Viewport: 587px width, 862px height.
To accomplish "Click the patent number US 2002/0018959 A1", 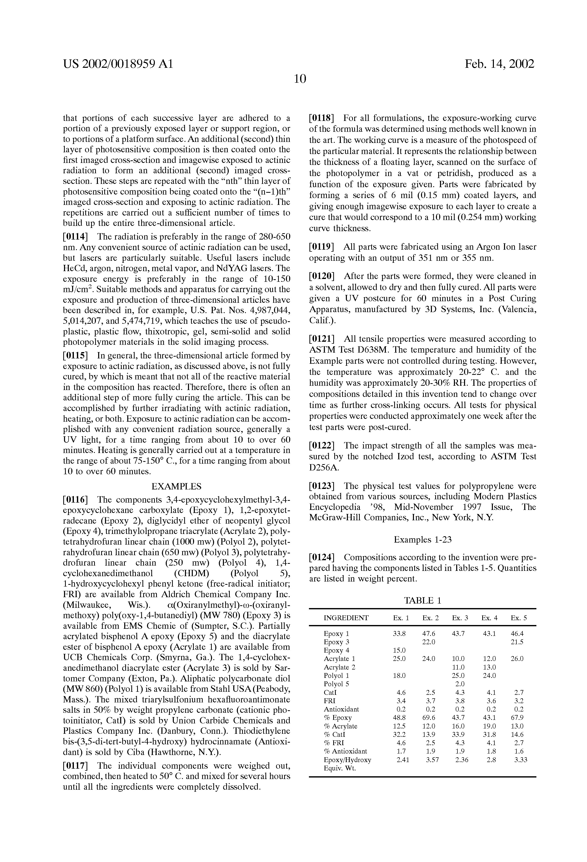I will click(118, 64).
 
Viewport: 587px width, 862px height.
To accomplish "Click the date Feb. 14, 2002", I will click(499, 64).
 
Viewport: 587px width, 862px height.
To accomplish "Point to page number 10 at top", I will click(300, 79).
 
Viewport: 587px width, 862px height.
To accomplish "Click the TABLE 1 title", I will click(423, 600).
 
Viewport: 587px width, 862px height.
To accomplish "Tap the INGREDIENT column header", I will click(346, 618).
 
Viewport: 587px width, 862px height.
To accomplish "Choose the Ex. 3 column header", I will click(460, 618).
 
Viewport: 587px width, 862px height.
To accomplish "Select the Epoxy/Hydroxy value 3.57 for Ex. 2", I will click(429, 760).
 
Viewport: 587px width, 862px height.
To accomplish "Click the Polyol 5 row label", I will click(336, 684).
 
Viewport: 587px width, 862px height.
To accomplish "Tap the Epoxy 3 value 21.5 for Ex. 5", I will click(517, 642).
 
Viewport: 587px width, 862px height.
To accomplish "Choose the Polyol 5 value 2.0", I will click(460, 684).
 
